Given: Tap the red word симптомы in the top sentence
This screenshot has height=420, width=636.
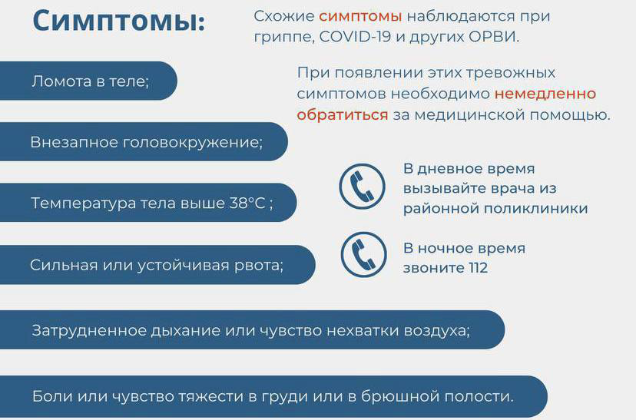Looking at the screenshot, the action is click(x=360, y=16).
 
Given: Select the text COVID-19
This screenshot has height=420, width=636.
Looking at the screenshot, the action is click(x=355, y=37).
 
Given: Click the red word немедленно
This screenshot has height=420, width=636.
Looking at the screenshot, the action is click(x=545, y=94).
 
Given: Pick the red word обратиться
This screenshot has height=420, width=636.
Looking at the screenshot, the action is click(x=343, y=114).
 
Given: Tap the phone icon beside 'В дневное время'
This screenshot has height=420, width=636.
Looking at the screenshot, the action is click(x=363, y=187).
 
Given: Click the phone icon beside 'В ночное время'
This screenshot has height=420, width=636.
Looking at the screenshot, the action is click(x=363, y=254).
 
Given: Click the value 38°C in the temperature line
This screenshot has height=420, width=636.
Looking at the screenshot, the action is click(x=247, y=203).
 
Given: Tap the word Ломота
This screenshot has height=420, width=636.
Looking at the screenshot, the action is click(x=61, y=81).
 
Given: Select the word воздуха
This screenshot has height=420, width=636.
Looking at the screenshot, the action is click(x=437, y=331).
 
